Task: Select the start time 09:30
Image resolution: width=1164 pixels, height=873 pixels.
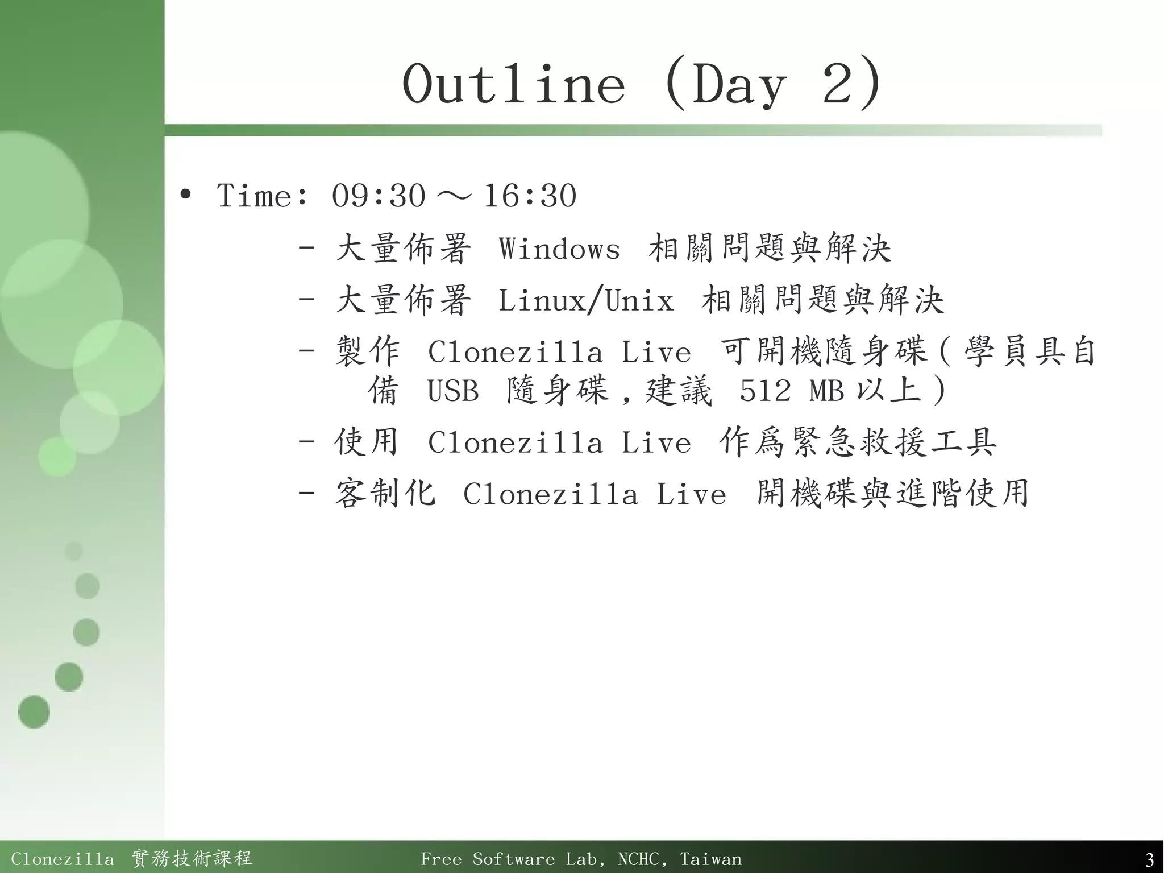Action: [x=379, y=196]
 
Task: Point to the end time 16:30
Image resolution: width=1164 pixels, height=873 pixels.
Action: [x=530, y=196]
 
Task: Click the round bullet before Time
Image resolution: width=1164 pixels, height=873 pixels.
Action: [x=185, y=195]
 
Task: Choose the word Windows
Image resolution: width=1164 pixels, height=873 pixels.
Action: [x=559, y=249]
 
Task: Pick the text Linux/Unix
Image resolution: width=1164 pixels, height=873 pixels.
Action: [x=586, y=300]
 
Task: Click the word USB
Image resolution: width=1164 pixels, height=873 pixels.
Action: [x=453, y=391]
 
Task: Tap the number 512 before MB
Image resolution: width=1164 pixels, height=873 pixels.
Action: [x=764, y=391]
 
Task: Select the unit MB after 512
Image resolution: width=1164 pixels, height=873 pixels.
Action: [x=826, y=391]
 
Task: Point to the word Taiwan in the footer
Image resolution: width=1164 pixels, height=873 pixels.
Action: [x=710, y=859]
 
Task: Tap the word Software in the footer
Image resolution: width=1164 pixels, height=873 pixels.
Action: [x=513, y=859]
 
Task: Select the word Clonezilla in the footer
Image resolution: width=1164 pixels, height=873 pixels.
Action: [x=63, y=859]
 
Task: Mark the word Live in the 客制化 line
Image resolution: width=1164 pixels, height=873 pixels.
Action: [x=691, y=494]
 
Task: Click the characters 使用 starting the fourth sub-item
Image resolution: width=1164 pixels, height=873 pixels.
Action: [x=367, y=442]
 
